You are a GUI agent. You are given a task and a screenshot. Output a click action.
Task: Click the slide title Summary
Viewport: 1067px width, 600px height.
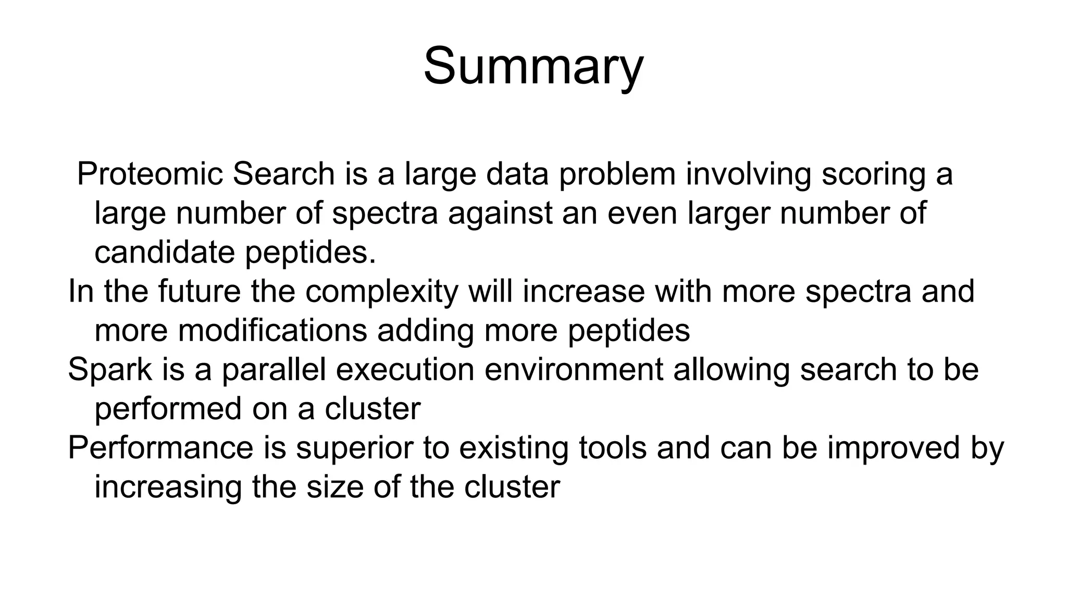coord(533,67)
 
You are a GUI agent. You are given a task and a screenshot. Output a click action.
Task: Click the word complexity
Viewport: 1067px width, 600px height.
coord(381,292)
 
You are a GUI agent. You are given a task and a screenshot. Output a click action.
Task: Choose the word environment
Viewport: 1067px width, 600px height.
coord(574,369)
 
